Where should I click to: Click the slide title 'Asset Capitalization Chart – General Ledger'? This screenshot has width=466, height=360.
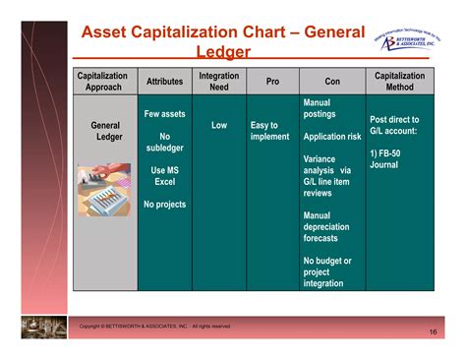(x=223, y=42)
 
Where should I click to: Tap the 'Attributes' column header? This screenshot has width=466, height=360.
(x=165, y=82)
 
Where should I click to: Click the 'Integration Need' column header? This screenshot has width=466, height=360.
(x=218, y=82)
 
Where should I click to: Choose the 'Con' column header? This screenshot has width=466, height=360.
(x=332, y=82)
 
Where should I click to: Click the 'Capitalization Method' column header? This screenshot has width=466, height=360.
(x=399, y=82)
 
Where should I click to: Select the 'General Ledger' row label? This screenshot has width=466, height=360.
(x=106, y=132)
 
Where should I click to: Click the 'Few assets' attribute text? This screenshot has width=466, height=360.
(x=165, y=114)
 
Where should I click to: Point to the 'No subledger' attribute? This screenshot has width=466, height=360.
(x=165, y=144)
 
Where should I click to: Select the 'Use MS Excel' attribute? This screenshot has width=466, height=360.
(x=165, y=176)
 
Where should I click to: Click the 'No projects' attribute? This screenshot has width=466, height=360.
(x=165, y=205)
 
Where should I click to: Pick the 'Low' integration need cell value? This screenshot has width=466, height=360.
(x=218, y=126)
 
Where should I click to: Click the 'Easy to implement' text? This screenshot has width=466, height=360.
(x=270, y=132)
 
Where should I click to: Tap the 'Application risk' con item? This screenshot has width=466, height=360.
(x=332, y=137)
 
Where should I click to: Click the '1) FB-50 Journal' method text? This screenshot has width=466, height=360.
(x=389, y=159)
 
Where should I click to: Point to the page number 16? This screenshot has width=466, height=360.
(x=433, y=332)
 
